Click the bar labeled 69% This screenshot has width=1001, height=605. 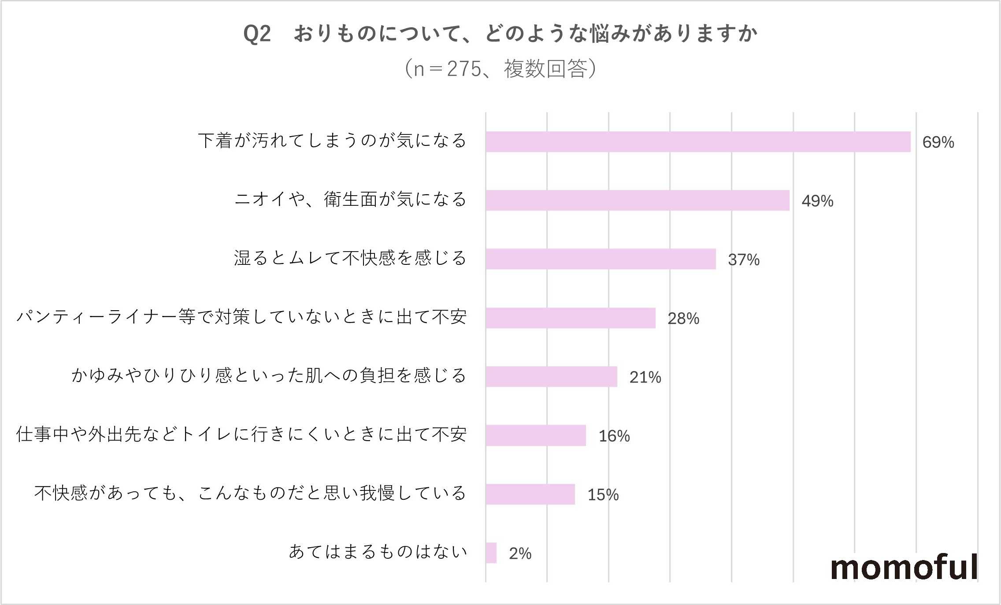pos(698,142)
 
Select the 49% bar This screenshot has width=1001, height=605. pos(637,200)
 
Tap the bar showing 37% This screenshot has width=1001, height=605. pos(601,259)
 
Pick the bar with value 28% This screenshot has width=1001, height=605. pos(571,318)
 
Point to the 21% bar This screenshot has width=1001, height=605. pos(551,377)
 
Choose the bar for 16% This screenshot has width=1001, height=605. pos(536,435)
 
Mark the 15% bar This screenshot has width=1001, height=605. pos(530,494)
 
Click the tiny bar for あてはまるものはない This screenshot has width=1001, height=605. pos(491,553)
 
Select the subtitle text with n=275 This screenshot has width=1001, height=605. pos(500,69)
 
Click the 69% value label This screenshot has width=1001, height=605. pos(938,142)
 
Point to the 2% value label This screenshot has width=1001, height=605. pos(520,553)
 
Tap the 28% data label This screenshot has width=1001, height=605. pos(683,319)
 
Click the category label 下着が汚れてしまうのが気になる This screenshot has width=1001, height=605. pos(332,141)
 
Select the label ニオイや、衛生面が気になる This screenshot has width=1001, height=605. pos(350,200)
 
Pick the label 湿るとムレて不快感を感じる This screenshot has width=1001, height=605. pos(350,258)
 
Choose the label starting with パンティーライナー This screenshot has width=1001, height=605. pos(241,317)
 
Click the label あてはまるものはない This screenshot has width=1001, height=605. pos(378,552)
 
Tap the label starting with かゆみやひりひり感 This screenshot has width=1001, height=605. pos(269,376)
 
